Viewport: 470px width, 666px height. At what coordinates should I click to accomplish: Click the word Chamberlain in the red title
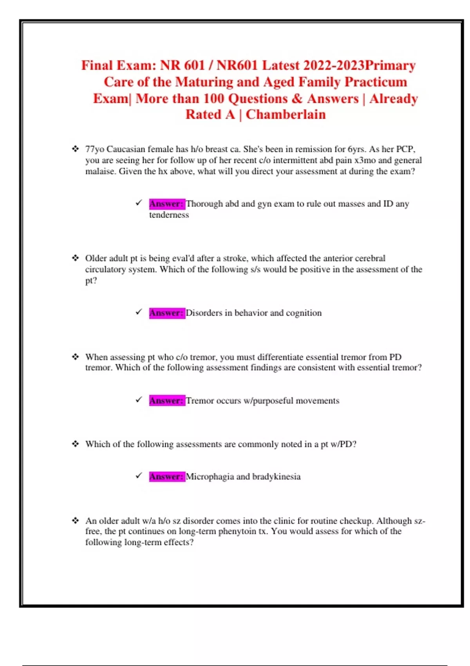point(286,114)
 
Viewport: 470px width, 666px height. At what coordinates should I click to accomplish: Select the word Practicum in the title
point(376,82)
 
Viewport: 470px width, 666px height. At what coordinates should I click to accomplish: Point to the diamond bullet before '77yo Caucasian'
point(75,149)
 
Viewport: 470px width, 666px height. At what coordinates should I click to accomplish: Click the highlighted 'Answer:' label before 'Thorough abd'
point(166,204)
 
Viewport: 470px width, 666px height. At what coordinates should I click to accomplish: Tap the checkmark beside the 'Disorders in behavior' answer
point(139,312)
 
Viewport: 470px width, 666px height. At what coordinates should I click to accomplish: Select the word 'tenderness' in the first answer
point(169,215)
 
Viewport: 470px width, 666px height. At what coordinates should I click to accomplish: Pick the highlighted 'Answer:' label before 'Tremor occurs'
point(166,400)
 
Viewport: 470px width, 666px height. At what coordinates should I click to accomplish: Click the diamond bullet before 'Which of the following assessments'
point(75,444)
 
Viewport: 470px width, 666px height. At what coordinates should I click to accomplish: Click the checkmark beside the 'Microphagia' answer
point(139,476)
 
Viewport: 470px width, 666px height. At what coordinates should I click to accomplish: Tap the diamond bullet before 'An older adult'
point(75,521)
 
